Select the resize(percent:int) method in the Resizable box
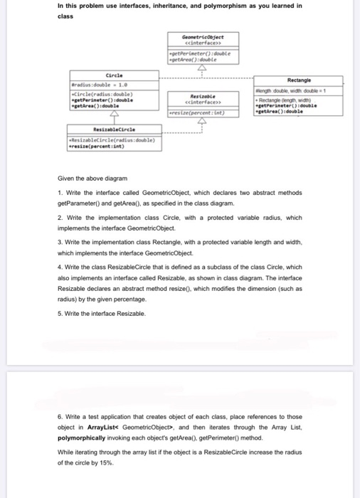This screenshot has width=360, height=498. tap(196, 112)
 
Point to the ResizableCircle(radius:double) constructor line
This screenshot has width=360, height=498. tap(115, 140)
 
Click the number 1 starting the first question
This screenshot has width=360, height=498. tap(60, 193)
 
